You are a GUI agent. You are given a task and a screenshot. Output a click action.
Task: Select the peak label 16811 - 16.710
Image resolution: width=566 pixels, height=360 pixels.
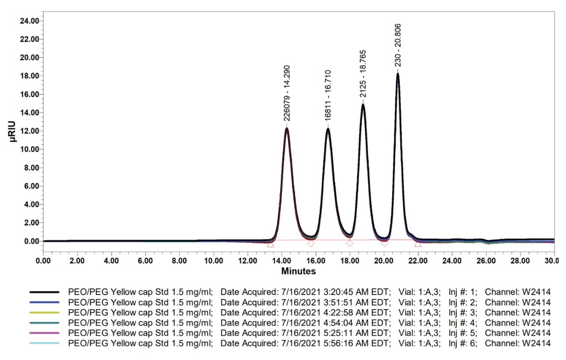(328, 95)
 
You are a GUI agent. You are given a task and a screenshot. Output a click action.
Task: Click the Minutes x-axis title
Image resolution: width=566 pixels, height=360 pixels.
(298, 271)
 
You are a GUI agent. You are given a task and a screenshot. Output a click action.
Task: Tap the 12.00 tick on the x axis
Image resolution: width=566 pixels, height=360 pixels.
(248, 260)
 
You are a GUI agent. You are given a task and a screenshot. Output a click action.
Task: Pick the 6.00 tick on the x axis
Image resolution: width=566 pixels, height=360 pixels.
(145, 260)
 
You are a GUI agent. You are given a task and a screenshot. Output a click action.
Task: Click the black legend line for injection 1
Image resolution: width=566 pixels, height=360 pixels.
(44, 292)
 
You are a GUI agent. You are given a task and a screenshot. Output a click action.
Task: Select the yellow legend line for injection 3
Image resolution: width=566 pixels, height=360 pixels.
(44, 313)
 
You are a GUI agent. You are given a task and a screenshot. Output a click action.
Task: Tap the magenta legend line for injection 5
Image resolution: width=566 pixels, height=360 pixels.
(44, 333)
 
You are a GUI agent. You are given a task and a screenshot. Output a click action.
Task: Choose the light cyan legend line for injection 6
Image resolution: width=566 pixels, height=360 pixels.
(44, 343)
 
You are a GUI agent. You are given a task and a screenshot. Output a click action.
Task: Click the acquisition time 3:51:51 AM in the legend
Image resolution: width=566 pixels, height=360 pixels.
(346, 303)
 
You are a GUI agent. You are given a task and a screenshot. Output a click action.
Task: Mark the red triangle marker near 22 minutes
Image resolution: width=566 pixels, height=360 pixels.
(418, 244)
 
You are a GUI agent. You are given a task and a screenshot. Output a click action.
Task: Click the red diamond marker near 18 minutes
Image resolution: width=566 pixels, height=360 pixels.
(350, 243)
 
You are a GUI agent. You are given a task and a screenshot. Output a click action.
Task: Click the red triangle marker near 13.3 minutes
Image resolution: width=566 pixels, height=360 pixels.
(271, 244)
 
